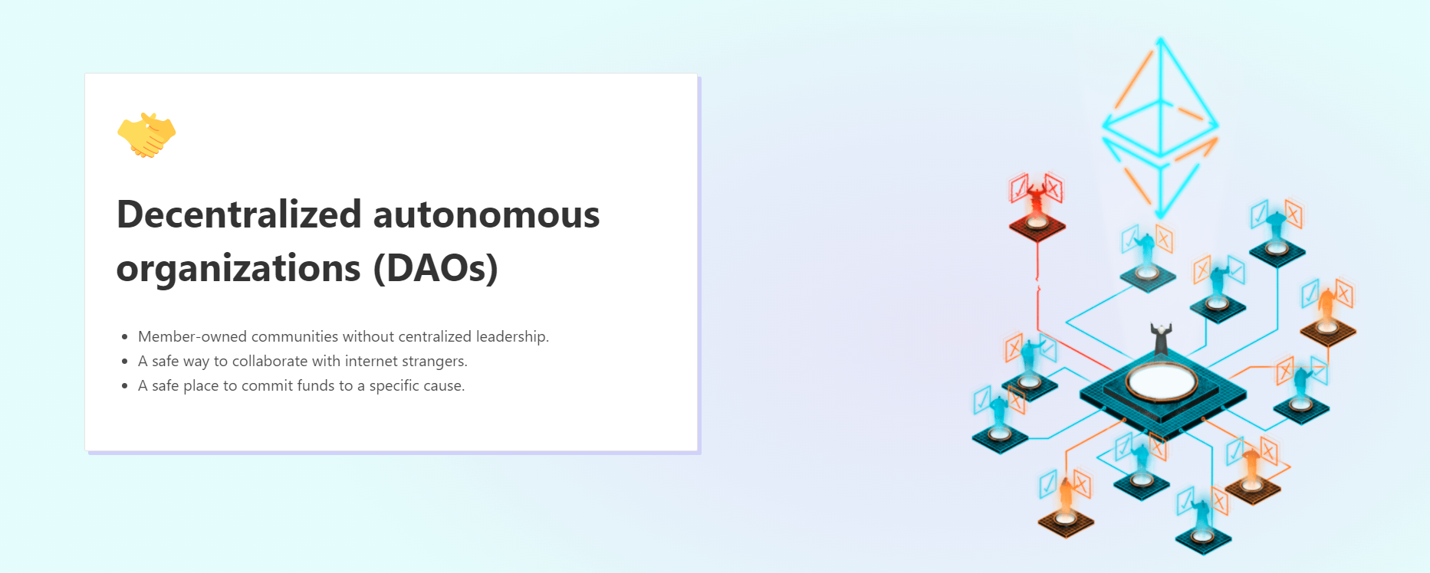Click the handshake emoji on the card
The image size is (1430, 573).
coord(146,135)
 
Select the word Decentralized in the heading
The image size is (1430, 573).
coord(238,214)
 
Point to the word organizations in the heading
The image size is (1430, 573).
coord(238,269)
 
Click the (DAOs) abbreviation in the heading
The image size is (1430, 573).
coord(436,268)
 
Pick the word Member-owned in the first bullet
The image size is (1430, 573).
coord(192,336)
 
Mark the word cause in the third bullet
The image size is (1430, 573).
coord(444,385)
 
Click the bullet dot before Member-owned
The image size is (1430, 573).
coord(124,337)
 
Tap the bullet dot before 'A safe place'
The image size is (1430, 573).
coord(124,386)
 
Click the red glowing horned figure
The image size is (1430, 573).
coord(1037,198)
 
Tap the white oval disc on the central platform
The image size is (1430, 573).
coord(1161,380)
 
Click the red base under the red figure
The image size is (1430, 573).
coord(1037,226)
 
